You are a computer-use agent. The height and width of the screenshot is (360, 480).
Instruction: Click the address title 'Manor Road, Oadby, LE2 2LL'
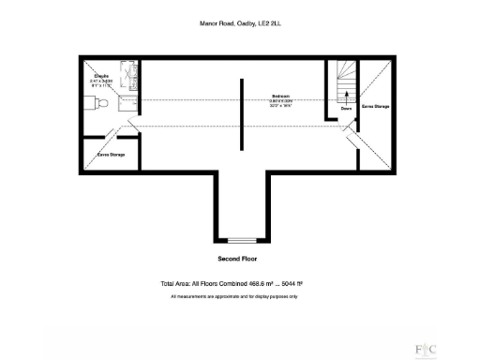pyautogui.click(x=240, y=25)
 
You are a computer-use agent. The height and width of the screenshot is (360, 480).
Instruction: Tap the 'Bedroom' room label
pyautogui.click(x=280, y=96)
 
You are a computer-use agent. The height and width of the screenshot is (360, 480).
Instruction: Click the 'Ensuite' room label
pyautogui.click(x=99, y=74)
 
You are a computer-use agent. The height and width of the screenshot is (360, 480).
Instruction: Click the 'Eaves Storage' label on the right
pyautogui.click(x=375, y=107)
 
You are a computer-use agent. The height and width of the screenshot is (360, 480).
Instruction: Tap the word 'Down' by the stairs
pyautogui.click(x=346, y=108)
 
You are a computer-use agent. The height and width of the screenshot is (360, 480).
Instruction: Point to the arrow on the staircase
pyautogui.click(x=346, y=92)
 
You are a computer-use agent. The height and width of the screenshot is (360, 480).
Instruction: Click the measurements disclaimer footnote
pyautogui.click(x=234, y=296)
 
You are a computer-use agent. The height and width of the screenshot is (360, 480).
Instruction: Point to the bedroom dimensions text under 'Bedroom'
pyautogui.click(x=280, y=103)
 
